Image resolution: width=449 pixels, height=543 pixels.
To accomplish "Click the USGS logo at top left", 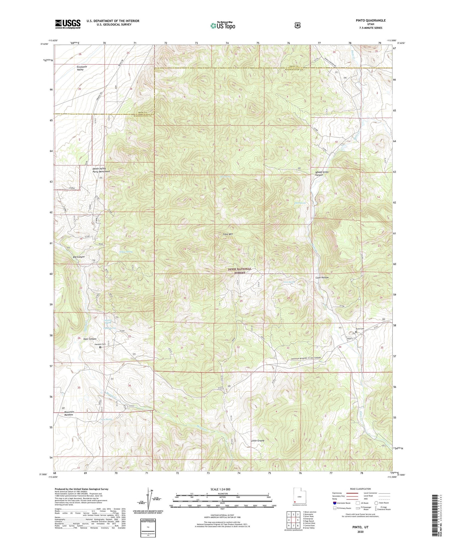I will [x=68, y=24].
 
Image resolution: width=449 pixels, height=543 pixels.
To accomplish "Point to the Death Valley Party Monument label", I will [x=101, y=170].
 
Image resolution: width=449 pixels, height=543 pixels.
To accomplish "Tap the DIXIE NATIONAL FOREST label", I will [x=240, y=271].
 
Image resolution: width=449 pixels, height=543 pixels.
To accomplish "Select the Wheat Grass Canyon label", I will [x=322, y=173].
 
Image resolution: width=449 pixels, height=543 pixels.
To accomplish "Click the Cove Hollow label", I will [x=322, y=278].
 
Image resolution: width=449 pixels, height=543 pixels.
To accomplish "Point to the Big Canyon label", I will [x=79, y=257].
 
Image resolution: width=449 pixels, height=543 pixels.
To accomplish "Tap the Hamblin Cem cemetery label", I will [x=100, y=344].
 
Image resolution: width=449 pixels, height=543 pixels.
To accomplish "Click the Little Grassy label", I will [x=257, y=441].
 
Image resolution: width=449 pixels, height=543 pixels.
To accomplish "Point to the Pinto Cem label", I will [x=359, y=329].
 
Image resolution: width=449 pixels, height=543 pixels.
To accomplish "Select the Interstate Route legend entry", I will [x=342, y=503].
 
